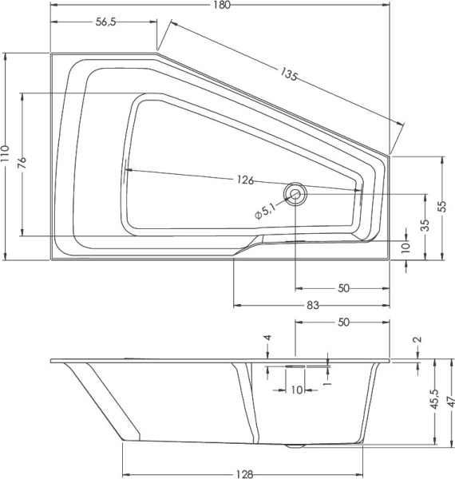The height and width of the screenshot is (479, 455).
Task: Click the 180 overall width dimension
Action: click(222, 6)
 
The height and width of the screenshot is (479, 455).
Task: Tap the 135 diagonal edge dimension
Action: click(289, 76)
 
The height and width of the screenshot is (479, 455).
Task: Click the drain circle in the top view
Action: click(296, 193)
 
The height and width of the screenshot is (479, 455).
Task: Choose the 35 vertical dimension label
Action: click(425, 225)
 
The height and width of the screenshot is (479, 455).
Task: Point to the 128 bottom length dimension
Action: click(245, 473)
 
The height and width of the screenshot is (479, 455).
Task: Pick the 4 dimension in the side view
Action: click(268, 338)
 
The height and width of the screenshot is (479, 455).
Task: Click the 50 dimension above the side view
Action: click(344, 322)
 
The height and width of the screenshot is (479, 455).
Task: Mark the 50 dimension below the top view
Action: click(344, 288)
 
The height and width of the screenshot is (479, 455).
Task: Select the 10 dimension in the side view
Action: click(296, 390)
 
